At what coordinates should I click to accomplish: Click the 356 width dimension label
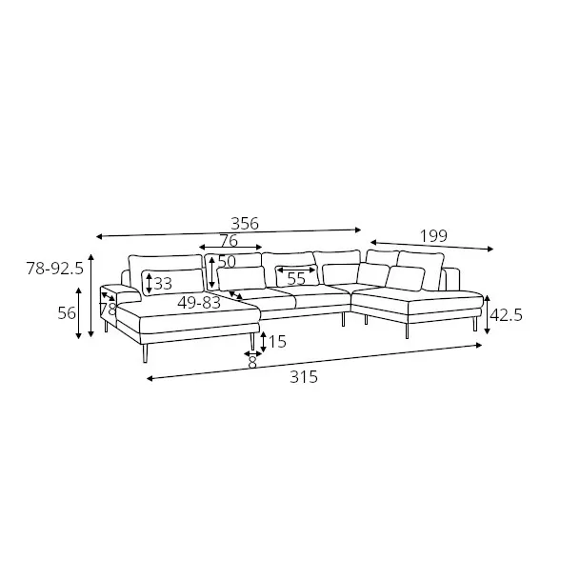[x=245, y=224]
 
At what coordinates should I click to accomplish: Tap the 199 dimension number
[x=433, y=235]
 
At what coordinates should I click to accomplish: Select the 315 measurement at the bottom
[x=304, y=377]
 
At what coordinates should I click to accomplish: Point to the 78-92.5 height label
[x=54, y=269]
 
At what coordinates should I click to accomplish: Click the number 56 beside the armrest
[x=67, y=313]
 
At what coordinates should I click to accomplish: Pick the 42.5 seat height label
[x=506, y=315]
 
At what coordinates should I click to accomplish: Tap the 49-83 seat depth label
[x=199, y=303]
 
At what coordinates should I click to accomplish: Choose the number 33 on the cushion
[x=163, y=284]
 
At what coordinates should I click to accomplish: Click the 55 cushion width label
[x=296, y=279]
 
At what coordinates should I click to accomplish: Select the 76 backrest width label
[x=229, y=241]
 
